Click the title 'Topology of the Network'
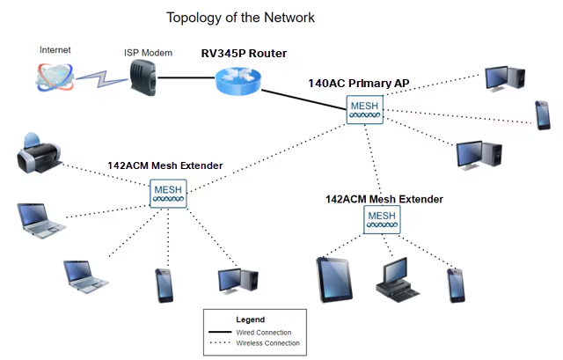[x=240, y=18]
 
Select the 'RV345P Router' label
[x=244, y=54]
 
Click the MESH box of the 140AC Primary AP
[x=364, y=110]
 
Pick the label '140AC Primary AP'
[x=358, y=84]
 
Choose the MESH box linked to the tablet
[x=382, y=219]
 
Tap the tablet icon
[x=335, y=280]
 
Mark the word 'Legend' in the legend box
[x=251, y=319]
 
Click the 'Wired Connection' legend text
[x=263, y=332]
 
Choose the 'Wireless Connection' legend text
[x=267, y=342]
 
